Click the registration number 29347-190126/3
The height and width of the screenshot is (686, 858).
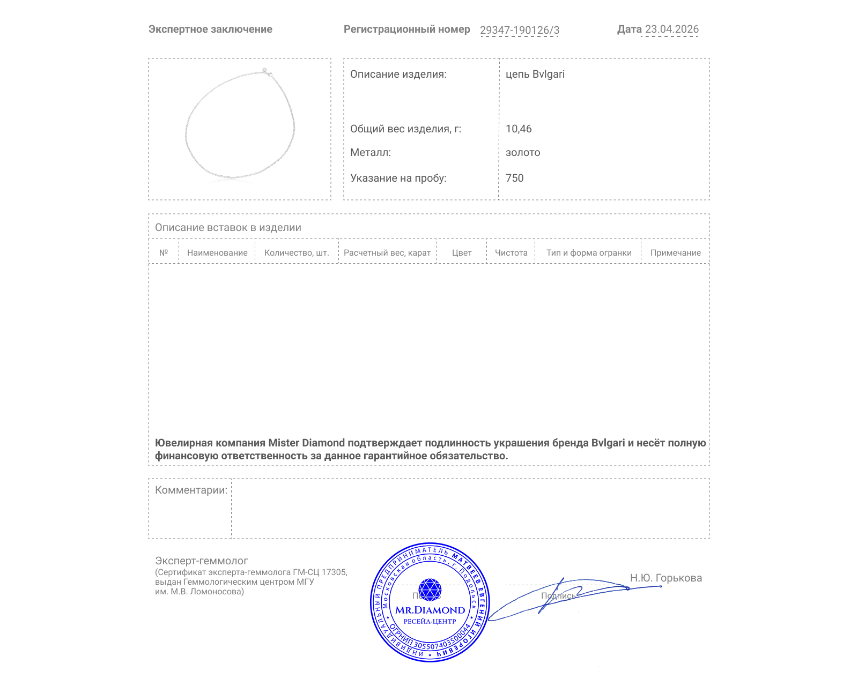519,31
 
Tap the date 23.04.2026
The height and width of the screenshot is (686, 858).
671,29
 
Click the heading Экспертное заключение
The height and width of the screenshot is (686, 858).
210,29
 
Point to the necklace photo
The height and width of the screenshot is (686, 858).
240,125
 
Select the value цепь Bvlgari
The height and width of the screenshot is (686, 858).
535,74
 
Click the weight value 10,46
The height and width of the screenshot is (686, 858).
519,129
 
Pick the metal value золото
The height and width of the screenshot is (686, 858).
523,153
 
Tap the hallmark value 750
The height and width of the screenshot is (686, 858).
514,178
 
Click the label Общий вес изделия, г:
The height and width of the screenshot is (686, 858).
405,129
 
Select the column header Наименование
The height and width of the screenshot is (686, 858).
217,253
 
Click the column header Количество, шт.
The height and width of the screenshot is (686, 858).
297,253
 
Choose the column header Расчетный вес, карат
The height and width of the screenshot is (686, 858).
387,253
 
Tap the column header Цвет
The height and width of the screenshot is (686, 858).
462,253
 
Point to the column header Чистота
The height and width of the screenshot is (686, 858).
511,253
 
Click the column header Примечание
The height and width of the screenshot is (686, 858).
675,253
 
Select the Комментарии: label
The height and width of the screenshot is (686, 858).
191,490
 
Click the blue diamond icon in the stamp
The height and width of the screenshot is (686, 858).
430,590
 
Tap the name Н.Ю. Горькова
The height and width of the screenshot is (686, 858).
665,578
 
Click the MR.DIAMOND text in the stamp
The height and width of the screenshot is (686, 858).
430,610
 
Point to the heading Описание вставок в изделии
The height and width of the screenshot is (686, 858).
228,228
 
